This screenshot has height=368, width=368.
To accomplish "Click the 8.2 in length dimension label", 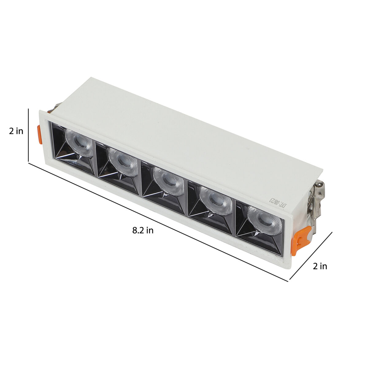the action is (x=143, y=231).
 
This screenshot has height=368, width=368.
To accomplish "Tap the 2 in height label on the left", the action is (x=16, y=131).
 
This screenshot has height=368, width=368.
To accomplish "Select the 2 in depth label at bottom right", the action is (x=320, y=266).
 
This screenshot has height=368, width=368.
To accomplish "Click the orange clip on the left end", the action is (x=40, y=134).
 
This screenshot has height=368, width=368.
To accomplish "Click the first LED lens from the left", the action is (x=79, y=142).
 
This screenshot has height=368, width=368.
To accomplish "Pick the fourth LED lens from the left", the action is (x=216, y=201).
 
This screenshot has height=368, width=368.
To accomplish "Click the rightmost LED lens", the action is (x=265, y=220).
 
